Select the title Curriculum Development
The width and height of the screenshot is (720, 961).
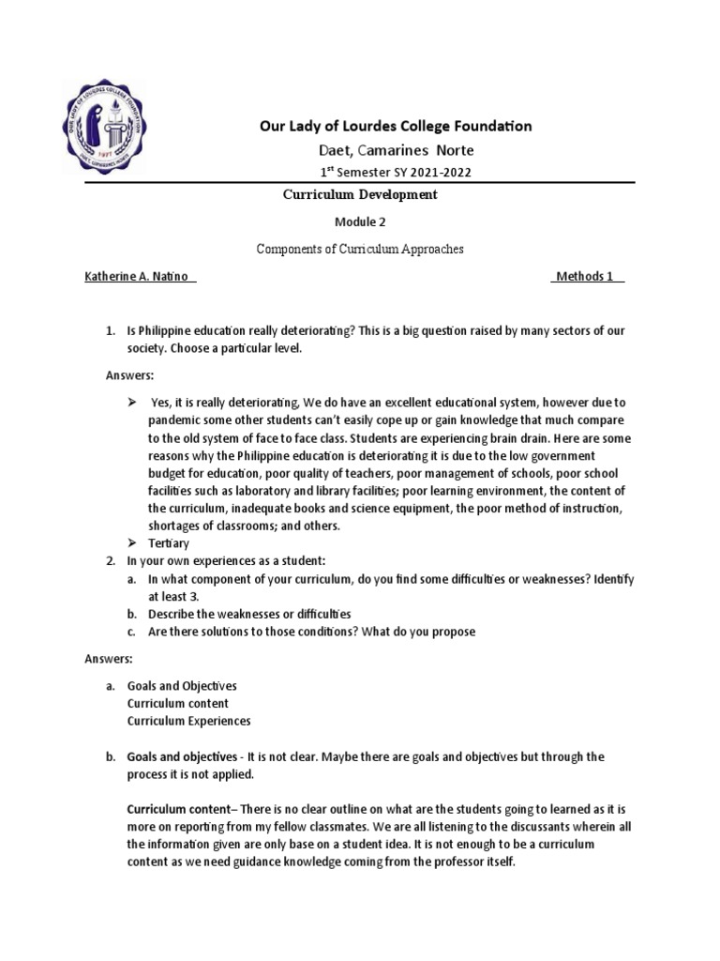[x=361, y=194]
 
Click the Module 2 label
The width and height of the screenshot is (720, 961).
[x=361, y=223]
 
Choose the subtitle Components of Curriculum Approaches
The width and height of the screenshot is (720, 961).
[x=361, y=249]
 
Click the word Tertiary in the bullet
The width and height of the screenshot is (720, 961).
[x=170, y=543]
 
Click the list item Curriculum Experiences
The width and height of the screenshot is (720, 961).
[x=188, y=721]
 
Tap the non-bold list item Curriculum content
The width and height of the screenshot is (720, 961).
[x=178, y=703]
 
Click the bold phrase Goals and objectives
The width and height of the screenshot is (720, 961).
[x=182, y=756]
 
